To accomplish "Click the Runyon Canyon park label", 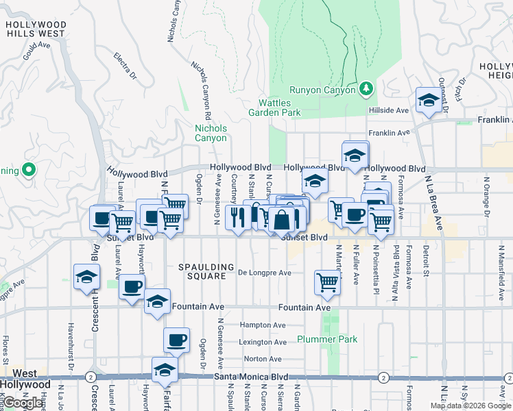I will (322, 90).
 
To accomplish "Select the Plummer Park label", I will (327, 339).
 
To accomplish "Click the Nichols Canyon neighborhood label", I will (211, 133).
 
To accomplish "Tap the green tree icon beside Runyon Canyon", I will (366, 88).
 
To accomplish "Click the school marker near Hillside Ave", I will (428, 100).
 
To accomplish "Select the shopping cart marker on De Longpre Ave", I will (328, 281).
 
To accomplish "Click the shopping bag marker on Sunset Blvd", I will (281, 220).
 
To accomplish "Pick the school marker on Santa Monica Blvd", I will (164, 370).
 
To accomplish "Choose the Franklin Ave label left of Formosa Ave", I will (388, 133).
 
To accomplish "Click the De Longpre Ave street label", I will (264, 273).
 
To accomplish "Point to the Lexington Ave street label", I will (262, 342).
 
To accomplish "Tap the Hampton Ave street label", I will (263, 325).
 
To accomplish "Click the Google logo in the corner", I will (23, 403).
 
